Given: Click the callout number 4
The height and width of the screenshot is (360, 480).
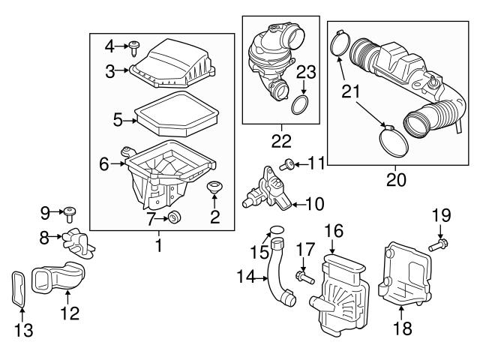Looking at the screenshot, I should click(110, 46).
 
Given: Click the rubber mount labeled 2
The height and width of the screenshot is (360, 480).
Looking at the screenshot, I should click(216, 187).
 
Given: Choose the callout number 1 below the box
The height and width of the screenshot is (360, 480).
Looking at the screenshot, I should click(158, 244).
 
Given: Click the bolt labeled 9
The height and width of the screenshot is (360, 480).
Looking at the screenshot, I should click(70, 214).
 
